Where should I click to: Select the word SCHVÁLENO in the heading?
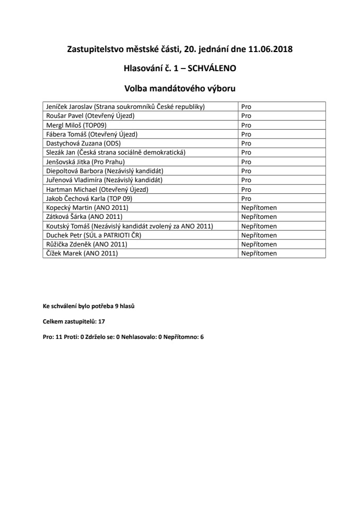211,68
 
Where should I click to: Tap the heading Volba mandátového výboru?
179,87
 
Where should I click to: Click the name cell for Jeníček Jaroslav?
125,106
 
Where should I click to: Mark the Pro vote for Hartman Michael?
246,189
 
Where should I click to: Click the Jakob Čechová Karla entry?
89,198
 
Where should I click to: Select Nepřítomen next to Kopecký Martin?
259,207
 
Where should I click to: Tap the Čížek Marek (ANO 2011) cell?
82,253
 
